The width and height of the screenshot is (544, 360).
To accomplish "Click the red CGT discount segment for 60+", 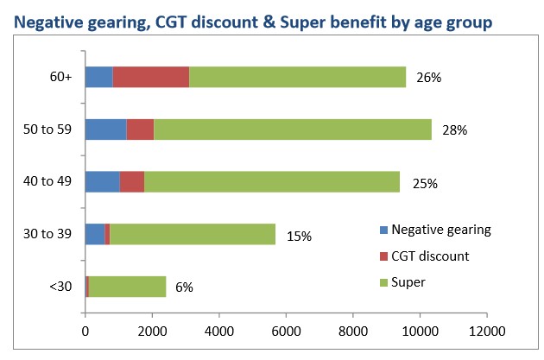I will [151, 77].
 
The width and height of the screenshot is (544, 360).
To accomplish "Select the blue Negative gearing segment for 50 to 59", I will [105, 129].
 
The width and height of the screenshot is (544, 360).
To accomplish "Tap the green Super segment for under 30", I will [127, 287].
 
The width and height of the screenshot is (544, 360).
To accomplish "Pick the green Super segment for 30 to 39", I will [193, 235].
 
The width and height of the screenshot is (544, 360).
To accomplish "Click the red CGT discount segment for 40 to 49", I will [131, 182].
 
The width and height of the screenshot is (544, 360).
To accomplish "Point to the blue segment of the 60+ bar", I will [98, 77].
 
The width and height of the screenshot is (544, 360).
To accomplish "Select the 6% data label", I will [184, 287].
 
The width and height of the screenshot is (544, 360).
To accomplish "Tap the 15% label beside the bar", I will [298, 236].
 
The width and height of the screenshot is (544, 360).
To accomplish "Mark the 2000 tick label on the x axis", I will [152, 330].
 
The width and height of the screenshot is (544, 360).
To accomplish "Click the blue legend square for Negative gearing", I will [384, 230].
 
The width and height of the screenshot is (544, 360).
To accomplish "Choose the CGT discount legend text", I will [430, 256].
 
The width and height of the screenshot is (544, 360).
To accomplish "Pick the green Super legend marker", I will [384, 281].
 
